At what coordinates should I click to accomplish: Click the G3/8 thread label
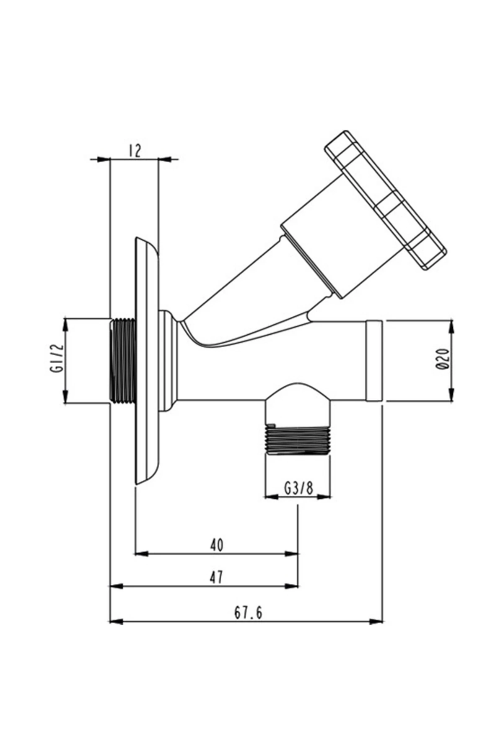point(298,488)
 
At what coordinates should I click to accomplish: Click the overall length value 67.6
point(248,612)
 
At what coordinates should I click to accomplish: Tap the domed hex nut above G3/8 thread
point(298,403)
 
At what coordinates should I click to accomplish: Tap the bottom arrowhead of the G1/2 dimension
point(65,396)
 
